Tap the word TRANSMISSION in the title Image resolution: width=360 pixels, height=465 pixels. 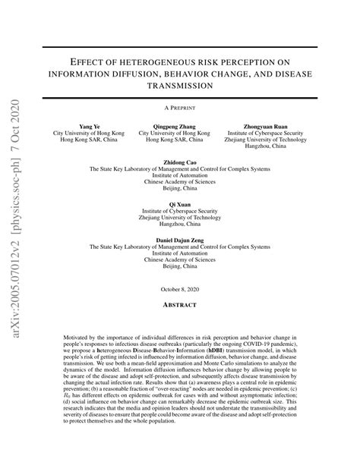pos(180,85)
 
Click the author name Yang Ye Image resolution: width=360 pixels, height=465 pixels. pos(90,126)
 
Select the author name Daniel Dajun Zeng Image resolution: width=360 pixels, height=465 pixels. pos(180,239)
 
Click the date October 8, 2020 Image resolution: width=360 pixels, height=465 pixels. pos(180,290)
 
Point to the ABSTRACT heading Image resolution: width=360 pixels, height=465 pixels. pos(180,305)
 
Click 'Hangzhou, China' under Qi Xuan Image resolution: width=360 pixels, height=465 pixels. pos(180,225)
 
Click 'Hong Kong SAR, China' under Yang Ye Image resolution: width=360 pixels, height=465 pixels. pos(90,140)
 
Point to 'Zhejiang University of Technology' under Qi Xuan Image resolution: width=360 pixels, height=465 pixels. pos(180,217)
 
